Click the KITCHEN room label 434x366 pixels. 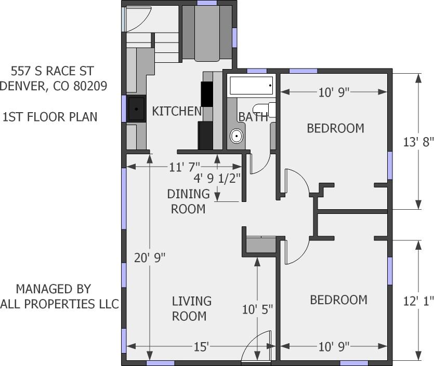176,111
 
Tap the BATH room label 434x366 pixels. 253,117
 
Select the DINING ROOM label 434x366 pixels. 188,201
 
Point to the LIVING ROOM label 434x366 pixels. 191,308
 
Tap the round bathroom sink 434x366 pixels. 236,137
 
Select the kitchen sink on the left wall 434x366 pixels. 136,109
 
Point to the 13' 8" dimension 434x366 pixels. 418,141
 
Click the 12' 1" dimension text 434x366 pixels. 418,301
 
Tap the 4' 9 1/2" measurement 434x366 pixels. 218,179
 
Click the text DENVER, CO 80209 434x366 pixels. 54,86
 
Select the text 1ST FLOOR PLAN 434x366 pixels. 50,117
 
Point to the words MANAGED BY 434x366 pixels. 54,289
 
